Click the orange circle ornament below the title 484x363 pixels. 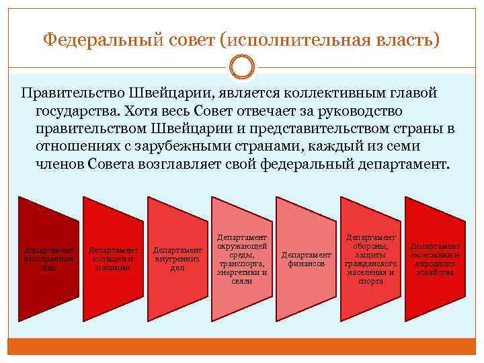(242, 68)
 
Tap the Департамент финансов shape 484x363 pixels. (307, 258)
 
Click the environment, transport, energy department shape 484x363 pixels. (242, 258)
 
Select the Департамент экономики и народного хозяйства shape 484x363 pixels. (436, 258)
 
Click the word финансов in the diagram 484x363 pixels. (307, 264)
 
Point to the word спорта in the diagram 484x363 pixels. (371, 281)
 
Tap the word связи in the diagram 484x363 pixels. (242, 281)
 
